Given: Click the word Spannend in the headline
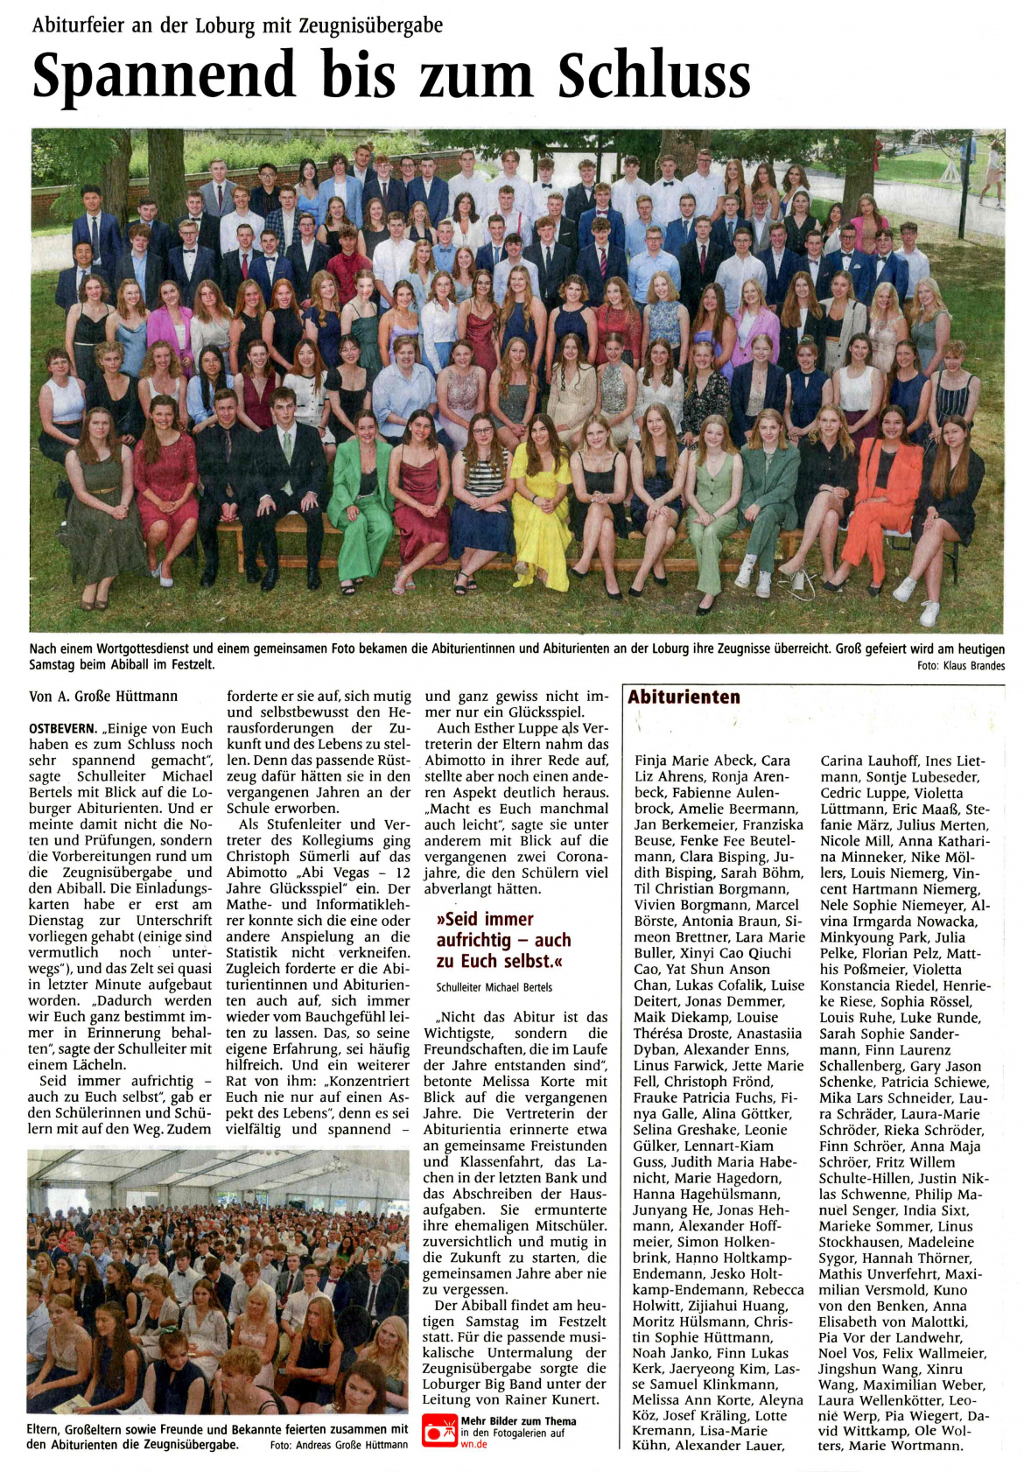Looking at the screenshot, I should [164, 76].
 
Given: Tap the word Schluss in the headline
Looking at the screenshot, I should [654, 76].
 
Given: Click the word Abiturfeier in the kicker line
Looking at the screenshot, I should [77, 25].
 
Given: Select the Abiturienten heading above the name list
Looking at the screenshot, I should [684, 697].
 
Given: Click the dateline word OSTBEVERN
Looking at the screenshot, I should [63, 728].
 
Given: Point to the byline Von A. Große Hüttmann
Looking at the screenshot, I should [103, 697].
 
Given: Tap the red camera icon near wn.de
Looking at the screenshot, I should [439, 1432].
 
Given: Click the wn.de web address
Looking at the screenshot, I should [473, 1444].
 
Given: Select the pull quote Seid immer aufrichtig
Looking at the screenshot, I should [503, 940].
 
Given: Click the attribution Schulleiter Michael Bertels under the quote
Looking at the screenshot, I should [494, 987].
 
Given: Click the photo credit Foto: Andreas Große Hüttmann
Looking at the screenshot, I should [339, 1444].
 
